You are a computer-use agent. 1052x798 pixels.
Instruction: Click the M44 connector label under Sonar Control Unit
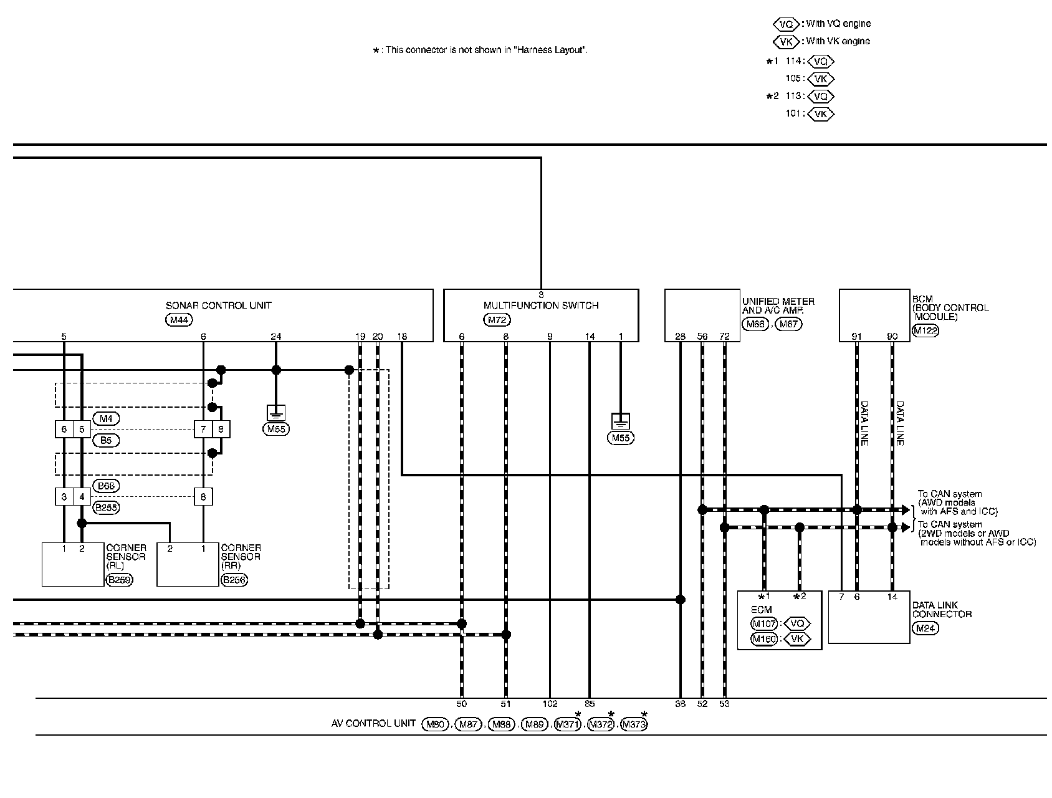point(179,320)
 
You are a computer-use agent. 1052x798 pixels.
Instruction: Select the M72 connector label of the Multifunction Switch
point(497,320)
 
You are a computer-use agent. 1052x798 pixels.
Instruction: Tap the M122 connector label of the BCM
point(925,330)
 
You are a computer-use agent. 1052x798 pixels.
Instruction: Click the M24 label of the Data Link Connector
point(925,628)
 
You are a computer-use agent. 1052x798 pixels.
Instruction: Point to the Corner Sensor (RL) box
point(72,564)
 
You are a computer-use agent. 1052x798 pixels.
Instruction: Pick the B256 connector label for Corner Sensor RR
point(234,580)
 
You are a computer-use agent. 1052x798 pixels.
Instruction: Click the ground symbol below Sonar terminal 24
point(276,412)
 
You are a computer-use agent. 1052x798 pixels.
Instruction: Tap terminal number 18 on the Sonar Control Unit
point(402,337)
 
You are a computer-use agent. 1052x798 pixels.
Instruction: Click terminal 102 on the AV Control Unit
point(550,704)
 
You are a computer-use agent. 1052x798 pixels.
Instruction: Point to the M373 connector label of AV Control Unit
point(634,724)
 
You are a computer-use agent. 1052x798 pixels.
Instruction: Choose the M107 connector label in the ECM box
point(764,623)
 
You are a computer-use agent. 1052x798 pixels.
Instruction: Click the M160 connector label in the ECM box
point(764,639)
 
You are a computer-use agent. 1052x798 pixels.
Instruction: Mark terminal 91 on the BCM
point(857,337)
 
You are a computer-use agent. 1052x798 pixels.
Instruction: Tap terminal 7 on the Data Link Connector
point(841,597)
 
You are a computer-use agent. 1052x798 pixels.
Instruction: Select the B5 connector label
point(106,440)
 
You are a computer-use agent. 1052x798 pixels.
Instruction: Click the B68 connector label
point(106,486)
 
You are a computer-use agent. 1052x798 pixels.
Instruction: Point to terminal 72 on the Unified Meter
point(724,337)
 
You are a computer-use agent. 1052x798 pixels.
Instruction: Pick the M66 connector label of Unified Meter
point(755,324)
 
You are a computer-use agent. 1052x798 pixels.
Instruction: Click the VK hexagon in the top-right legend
point(786,41)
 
